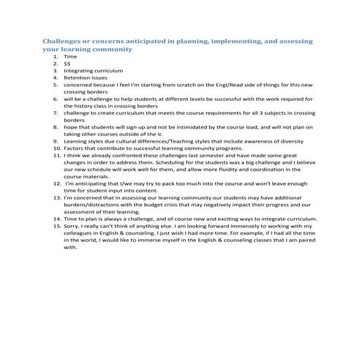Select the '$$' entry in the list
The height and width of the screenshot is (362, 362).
[67, 63]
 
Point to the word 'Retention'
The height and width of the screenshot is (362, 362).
[76, 77]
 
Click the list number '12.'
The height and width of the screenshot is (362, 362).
[57, 183]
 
